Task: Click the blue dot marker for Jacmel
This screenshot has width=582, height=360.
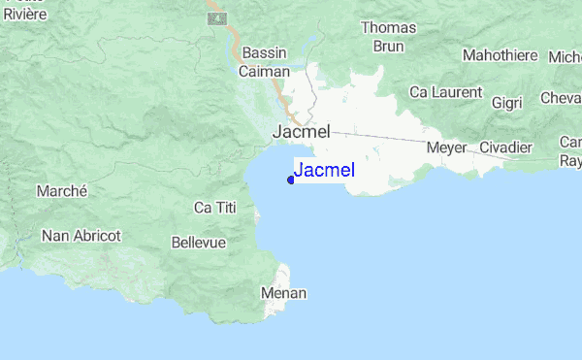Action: [x=291, y=179]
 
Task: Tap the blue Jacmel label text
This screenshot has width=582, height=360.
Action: [x=324, y=171]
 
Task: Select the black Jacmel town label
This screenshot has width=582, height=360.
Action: [x=302, y=131]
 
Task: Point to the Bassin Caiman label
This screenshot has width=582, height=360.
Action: [x=265, y=62]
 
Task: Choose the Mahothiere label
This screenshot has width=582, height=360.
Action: [x=500, y=55]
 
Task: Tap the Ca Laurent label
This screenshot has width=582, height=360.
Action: [x=445, y=92]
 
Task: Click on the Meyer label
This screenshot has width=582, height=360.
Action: [x=446, y=147]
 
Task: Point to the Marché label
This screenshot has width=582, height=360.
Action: [x=62, y=191]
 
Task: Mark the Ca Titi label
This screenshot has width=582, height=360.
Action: [x=215, y=208]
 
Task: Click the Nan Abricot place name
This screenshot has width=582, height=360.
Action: [x=81, y=235]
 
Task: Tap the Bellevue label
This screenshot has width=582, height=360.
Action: [x=198, y=242]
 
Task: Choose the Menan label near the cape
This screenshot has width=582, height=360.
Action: [x=284, y=292]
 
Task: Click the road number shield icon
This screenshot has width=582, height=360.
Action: [x=218, y=18]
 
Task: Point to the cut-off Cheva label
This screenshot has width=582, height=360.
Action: [x=562, y=98]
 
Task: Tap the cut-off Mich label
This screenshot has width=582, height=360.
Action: [x=565, y=56]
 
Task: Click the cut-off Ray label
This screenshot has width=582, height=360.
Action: [x=570, y=161]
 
